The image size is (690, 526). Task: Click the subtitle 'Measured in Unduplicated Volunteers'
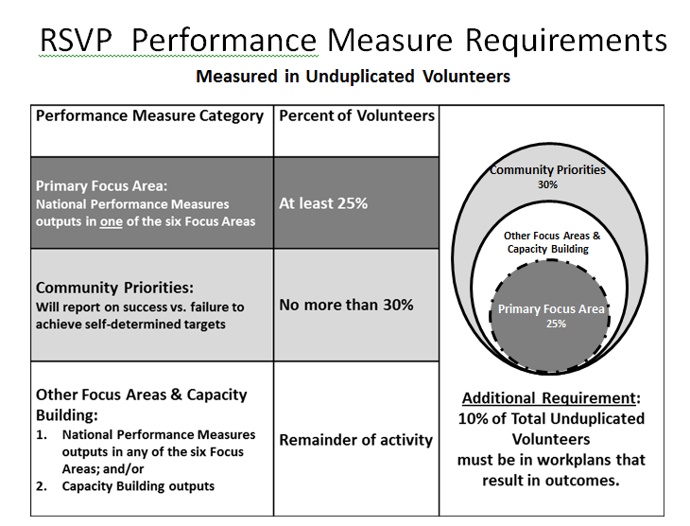tap(353, 77)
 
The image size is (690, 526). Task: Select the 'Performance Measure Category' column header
tap(149, 115)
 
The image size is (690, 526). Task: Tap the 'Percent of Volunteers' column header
tap(357, 115)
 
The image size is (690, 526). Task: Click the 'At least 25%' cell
tap(323, 202)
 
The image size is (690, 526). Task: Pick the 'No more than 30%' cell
tap(346, 305)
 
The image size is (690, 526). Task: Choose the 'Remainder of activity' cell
tap(356, 439)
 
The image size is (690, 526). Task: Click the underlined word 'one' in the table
tap(151, 221)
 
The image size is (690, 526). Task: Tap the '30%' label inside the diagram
tap(547, 185)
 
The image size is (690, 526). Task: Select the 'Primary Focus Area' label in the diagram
tap(551, 309)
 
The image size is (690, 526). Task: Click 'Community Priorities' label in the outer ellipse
tap(547, 170)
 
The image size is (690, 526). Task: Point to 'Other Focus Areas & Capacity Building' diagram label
tap(552, 242)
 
